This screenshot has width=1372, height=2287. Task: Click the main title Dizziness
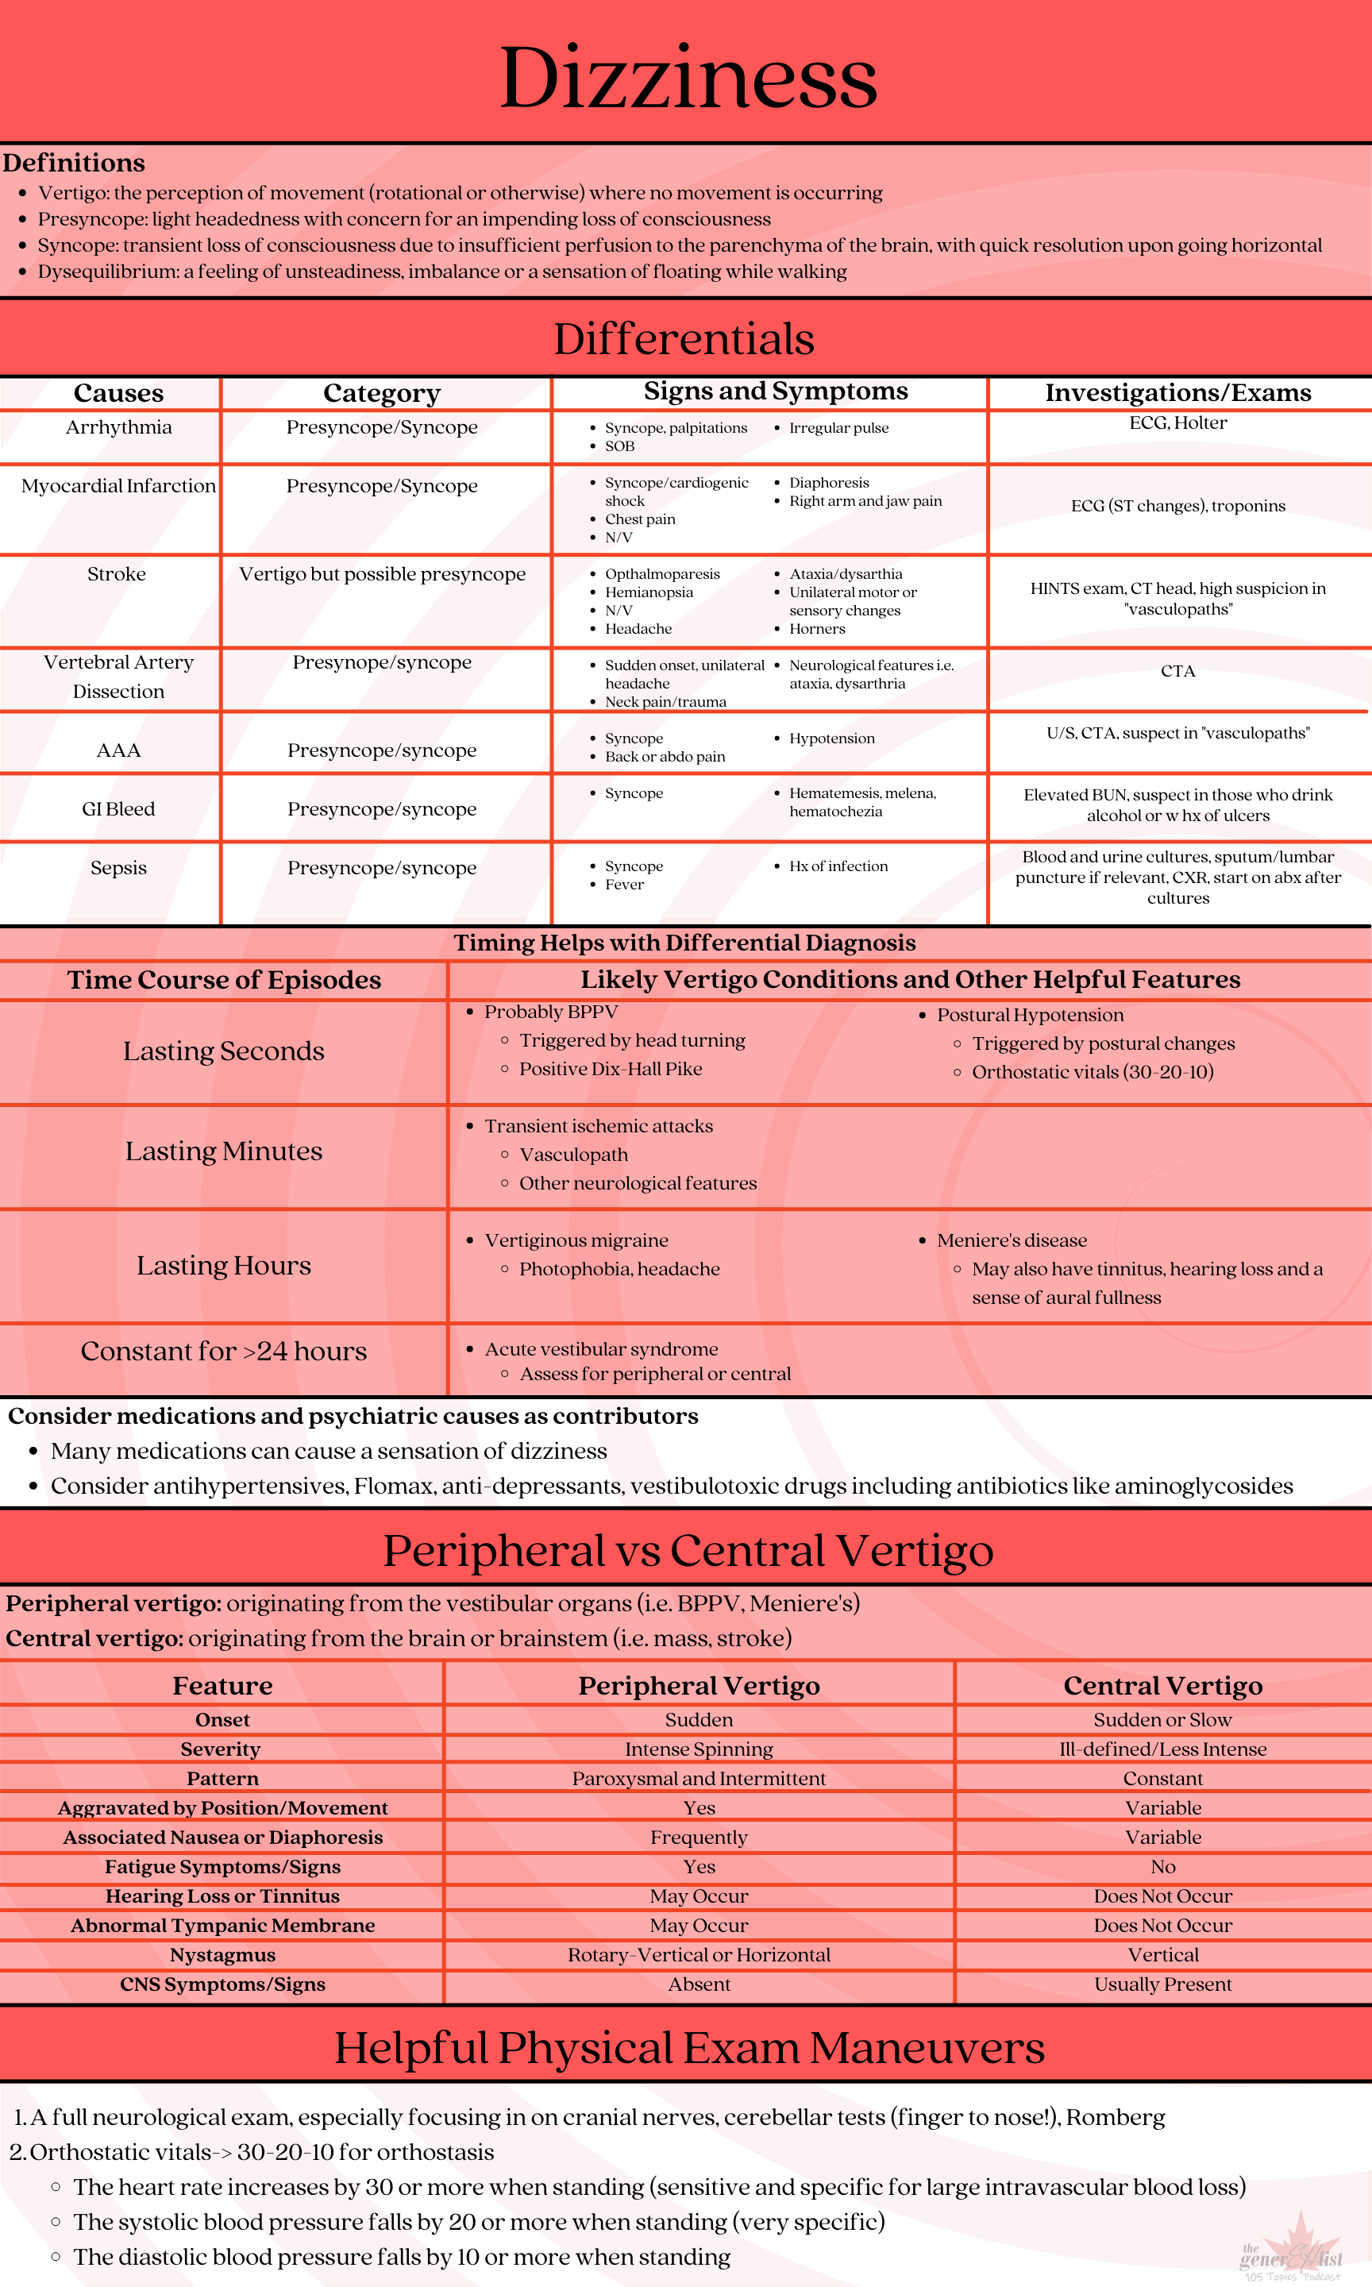point(688,78)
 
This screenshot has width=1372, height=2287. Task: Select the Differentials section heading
point(684,339)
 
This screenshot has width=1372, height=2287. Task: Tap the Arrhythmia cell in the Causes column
point(118,427)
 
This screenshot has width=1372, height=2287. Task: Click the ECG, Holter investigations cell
point(1177,422)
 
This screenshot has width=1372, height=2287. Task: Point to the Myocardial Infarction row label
point(118,486)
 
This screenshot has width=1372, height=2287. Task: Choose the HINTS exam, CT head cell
point(1177,598)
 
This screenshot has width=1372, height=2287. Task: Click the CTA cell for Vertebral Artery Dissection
point(1177,671)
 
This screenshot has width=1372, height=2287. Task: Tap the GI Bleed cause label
point(118,809)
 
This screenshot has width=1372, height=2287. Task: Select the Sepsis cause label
point(118,868)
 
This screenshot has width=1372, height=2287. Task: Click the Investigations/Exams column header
point(1177,393)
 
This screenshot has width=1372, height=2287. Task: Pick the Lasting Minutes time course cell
point(224,1151)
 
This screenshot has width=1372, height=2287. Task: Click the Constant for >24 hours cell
point(224,1352)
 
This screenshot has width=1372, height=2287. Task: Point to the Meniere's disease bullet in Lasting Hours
point(1012,1240)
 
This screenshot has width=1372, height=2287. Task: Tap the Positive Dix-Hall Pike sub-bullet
point(611,1070)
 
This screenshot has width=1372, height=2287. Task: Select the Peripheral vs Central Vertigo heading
point(688,1550)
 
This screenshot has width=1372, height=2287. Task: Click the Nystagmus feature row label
point(223,1955)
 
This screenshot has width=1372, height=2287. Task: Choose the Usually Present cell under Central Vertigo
point(1163,1984)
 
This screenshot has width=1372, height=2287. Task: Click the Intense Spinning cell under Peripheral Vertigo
point(699,1749)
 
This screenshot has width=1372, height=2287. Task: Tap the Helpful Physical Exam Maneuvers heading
point(688,2047)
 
